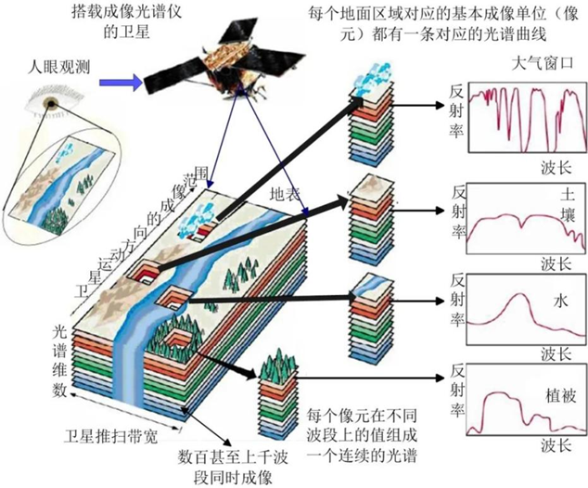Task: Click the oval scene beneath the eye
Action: point(69,173)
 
